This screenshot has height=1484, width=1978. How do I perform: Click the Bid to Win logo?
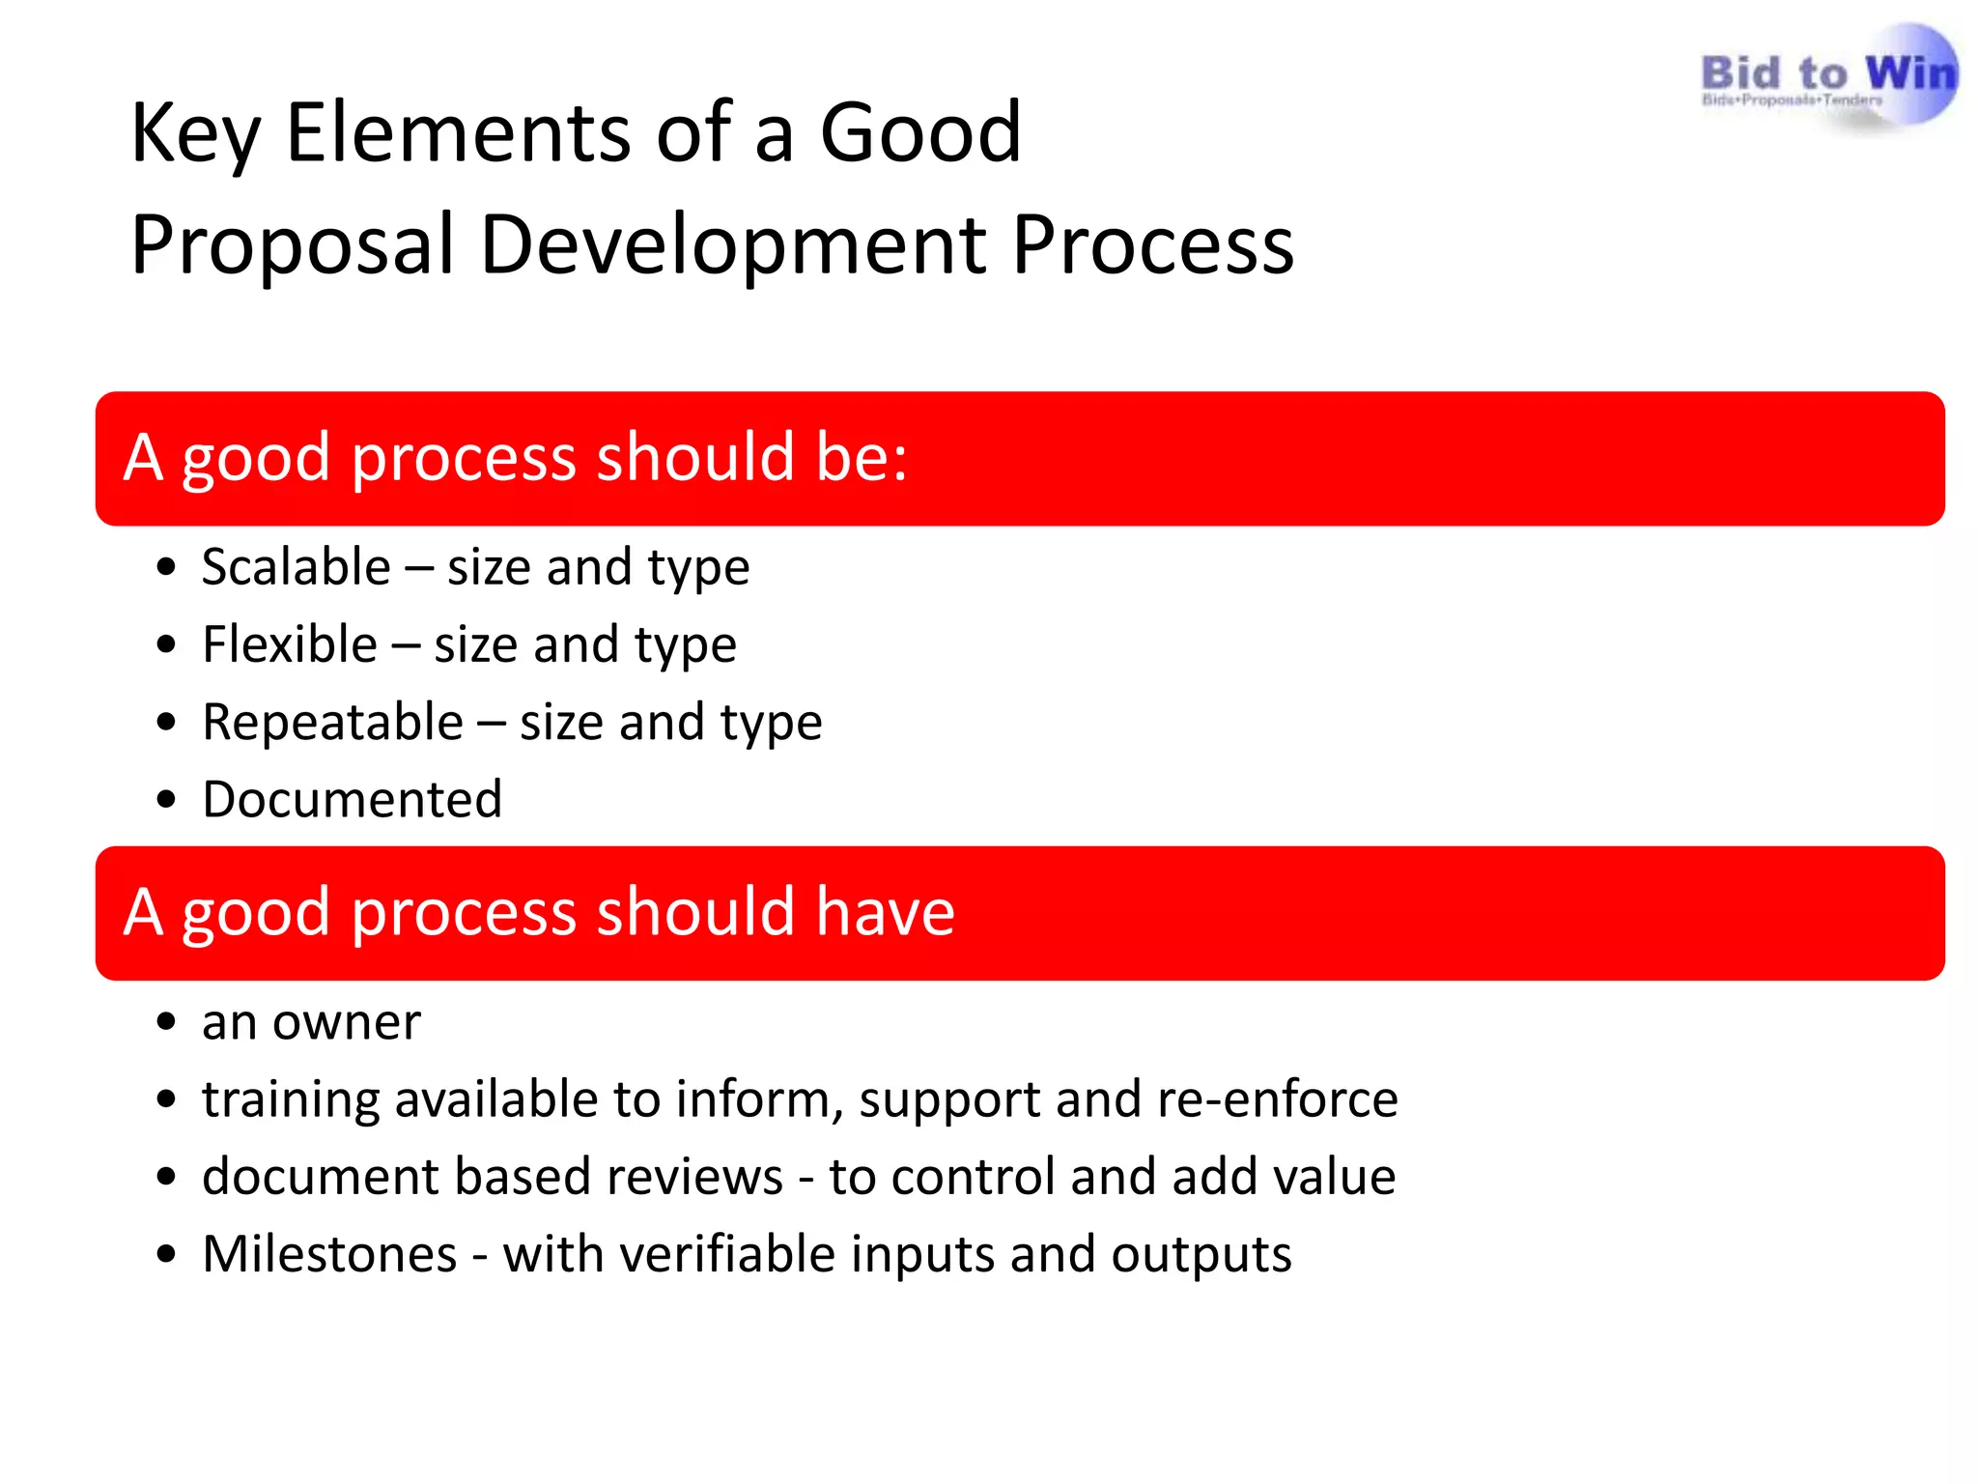pos(1827,77)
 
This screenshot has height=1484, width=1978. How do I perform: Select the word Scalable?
pos(296,567)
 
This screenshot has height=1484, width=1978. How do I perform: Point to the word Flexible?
pos(289,644)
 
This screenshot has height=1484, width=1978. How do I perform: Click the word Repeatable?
pos(332,723)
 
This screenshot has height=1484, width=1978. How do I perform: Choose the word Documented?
pos(352,800)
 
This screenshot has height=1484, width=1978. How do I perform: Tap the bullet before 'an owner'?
pos(166,1022)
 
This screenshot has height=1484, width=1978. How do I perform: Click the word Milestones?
pos(328,1254)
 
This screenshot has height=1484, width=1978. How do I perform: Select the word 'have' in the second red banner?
pos(885,912)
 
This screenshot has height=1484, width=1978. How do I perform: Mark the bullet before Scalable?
pos(166,567)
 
